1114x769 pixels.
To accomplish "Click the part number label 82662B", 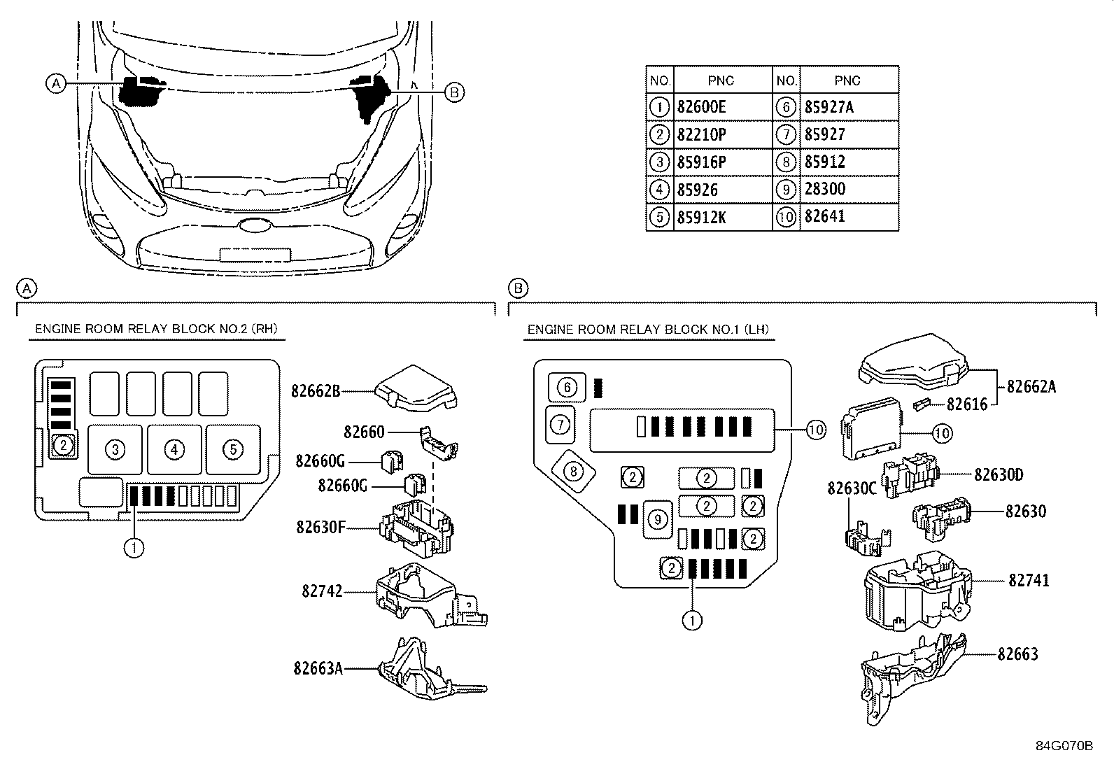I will (x=315, y=391).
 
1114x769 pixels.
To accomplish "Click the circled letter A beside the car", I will (x=57, y=83).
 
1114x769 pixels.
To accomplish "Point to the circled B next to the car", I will (x=454, y=92).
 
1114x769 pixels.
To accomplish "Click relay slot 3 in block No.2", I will (x=115, y=449).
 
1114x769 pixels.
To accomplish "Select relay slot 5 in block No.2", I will (x=233, y=449).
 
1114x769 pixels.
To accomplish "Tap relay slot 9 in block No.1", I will (x=657, y=519).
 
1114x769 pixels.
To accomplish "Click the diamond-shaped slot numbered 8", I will (x=573, y=472).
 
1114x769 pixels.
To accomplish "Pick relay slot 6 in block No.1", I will (x=567, y=387).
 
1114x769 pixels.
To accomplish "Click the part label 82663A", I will (x=318, y=668).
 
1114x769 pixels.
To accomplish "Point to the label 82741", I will (x=1029, y=580).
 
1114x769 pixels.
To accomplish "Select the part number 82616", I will (x=967, y=404).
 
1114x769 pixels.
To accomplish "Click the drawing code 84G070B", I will (x=1064, y=746).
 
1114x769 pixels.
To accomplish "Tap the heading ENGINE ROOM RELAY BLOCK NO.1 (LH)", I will (x=649, y=330).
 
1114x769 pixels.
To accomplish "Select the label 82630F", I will (x=320, y=527).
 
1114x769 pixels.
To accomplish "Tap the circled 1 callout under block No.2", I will (x=134, y=547).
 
